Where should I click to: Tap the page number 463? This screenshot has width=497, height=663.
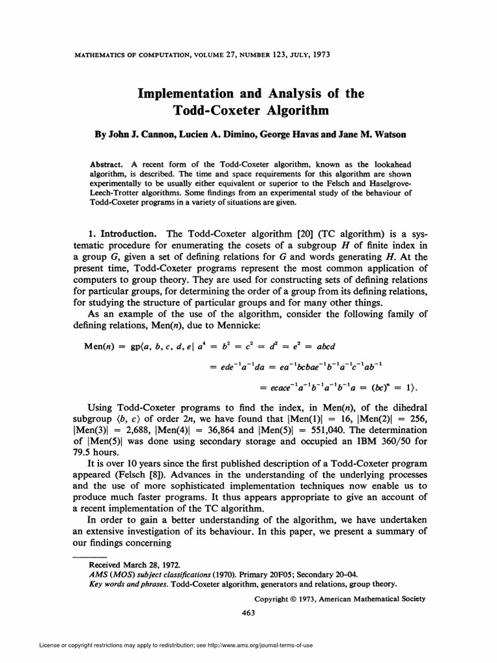(248, 612)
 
